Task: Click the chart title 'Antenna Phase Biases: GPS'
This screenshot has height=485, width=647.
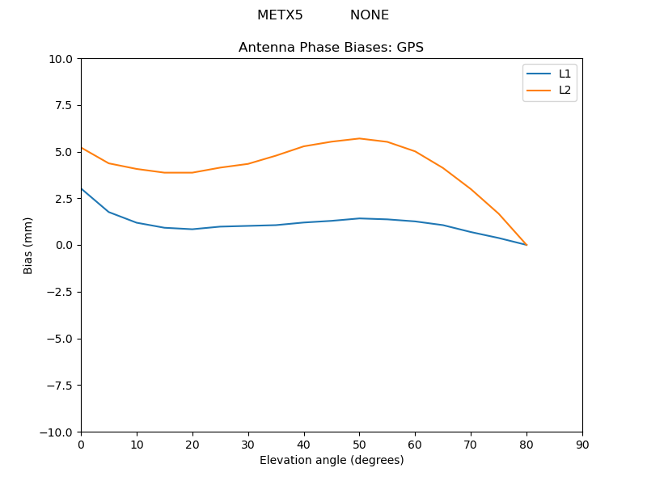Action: [x=331, y=48]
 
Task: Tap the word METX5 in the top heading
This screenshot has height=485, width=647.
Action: [x=280, y=15]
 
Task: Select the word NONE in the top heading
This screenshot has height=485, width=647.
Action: [x=370, y=15]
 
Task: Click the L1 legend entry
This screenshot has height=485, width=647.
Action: [x=565, y=74]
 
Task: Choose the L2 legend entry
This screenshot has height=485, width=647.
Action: [x=565, y=90]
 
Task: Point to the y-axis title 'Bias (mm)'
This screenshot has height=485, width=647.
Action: [x=28, y=245]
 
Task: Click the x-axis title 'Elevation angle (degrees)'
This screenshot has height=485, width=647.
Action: [x=332, y=461]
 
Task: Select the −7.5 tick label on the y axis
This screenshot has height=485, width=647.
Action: [x=58, y=386]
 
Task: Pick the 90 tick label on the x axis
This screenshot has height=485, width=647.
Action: [x=582, y=445]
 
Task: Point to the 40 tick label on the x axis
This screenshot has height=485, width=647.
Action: [x=304, y=445]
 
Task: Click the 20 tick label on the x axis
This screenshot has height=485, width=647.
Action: [x=192, y=445]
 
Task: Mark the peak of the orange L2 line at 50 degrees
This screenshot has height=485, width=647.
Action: [x=360, y=138]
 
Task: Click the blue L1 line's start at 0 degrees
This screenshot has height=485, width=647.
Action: [x=82, y=189]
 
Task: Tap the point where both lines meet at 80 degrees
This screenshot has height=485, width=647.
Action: [x=526, y=244]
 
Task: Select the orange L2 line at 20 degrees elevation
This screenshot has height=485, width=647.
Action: [x=192, y=172]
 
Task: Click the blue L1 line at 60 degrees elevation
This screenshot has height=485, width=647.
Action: [x=415, y=221]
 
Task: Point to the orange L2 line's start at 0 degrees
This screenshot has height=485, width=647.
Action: [x=82, y=148]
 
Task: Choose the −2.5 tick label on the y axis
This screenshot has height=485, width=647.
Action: [x=58, y=292]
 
